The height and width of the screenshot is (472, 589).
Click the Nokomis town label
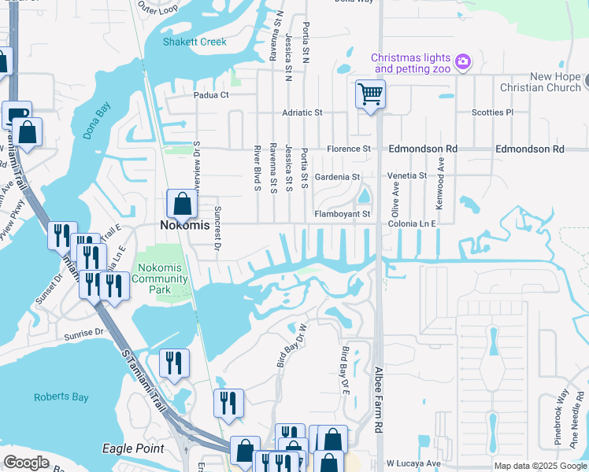pyautogui.click(x=185, y=225)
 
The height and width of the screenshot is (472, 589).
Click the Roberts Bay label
pyautogui.click(x=61, y=397)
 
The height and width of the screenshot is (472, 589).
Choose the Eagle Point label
pyautogui.click(x=133, y=448)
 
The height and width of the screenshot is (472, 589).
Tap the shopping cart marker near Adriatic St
pyautogui.click(x=369, y=95)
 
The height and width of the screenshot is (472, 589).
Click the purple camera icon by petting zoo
pyautogui.click(x=463, y=61)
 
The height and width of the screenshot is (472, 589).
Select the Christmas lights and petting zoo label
pyautogui.click(x=410, y=64)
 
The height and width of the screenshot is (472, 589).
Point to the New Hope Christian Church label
pyautogui.click(x=544, y=82)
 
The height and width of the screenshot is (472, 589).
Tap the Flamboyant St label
pyautogui.click(x=342, y=214)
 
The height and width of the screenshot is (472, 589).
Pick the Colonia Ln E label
pyautogui.click(x=411, y=224)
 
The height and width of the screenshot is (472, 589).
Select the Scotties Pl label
pyautogui.click(x=492, y=112)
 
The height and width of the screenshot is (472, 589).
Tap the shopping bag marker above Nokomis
pyautogui.click(x=182, y=203)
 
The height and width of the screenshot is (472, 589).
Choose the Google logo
pyautogui.click(x=27, y=463)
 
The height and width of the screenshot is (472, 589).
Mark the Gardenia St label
pyautogui.click(x=337, y=177)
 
